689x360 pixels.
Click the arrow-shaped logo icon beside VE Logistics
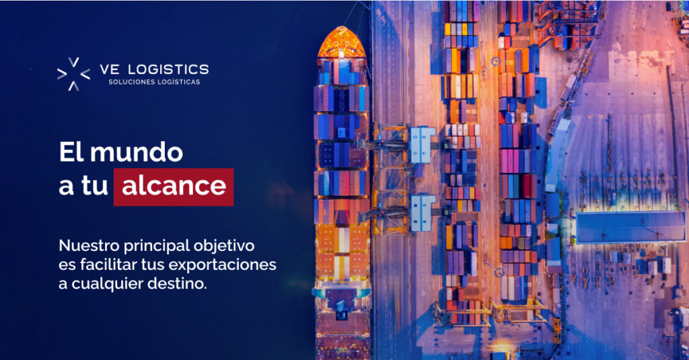(73, 74)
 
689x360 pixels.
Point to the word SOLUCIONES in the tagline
(131, 82)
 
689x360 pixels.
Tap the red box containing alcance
(174, 186)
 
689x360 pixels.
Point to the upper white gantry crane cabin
(422, 144)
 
